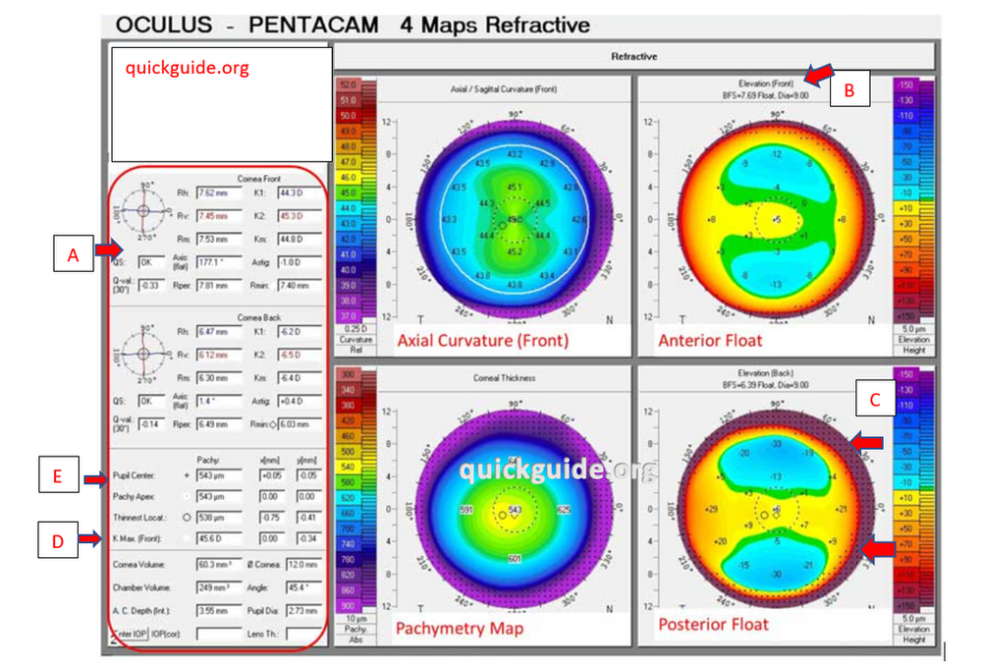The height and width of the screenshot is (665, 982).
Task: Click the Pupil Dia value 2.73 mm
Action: coord(304,610)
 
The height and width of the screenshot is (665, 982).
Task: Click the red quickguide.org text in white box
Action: coord(187,69)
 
